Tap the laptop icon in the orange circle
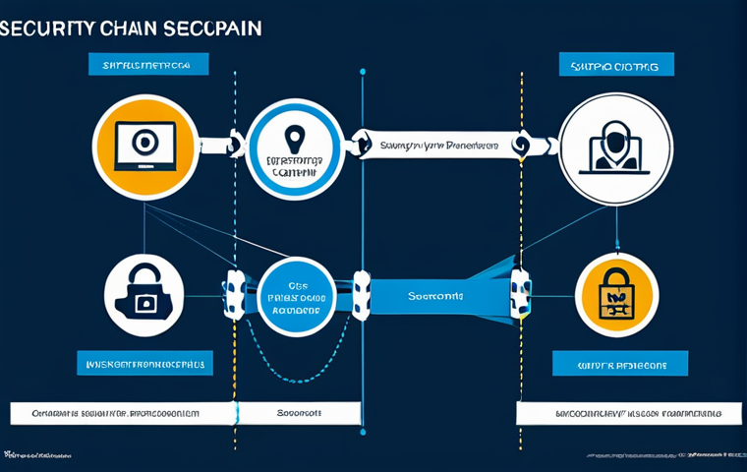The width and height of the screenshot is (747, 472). tap(144, 146)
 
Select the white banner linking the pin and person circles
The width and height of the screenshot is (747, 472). tap(437, 145)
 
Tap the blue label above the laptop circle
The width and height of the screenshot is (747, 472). tap(146, 65)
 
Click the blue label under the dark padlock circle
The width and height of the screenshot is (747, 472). tap(144, 363)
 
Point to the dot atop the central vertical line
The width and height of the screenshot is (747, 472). tap(363, 71)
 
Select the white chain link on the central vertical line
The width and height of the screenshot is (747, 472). tap(362, 294)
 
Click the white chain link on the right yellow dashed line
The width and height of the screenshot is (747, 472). tap(520, 292)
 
